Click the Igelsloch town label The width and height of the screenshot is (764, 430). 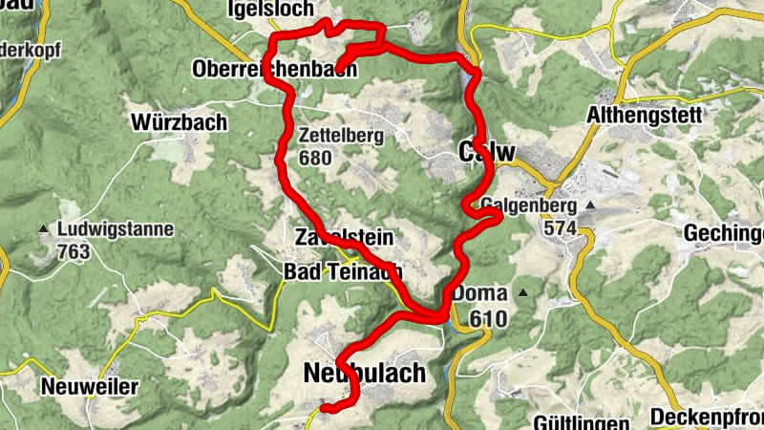click(x=269, y=10)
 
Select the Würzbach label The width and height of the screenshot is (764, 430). click(x=180, y=122)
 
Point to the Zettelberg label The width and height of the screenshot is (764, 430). click(x=341, y=136)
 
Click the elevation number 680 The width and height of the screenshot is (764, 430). click(x=314, y=157)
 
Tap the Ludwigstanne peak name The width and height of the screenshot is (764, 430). click(x=116, y=229)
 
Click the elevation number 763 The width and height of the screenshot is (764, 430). click(x=74, y=251)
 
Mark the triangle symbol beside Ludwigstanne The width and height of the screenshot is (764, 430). click(x=44, y=229)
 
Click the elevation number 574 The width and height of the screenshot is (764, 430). click(x=560, y=228)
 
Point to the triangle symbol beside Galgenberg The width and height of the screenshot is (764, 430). click(x=590, y=205)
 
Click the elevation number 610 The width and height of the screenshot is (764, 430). click(x=487, y=317)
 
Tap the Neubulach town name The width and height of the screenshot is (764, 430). click(x=364, y=373)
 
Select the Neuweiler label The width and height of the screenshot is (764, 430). click(x=90, y=387)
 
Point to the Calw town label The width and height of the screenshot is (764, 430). click(x=487, y=152)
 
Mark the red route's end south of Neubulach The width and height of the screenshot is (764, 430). click(x=325, y=409)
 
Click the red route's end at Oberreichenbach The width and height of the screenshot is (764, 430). click(x=339, y=68)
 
